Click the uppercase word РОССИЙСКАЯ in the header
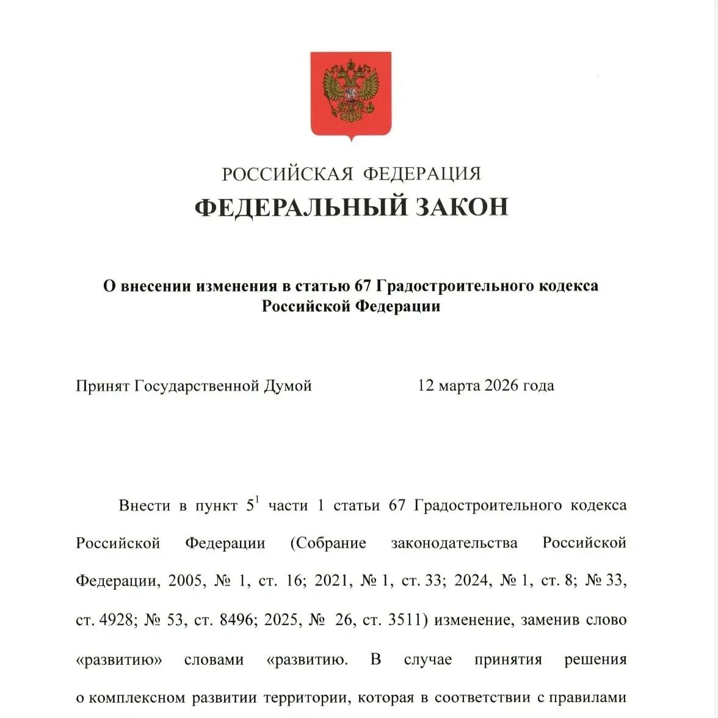tap(288, 174)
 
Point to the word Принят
tap(102, 386)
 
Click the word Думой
tap(288, 386)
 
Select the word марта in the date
tap(459, 386)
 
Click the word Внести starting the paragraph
tap(145, 506)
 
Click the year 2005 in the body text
tap(184, 580)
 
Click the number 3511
tap(408, 620)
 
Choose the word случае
tap(428, 660)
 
